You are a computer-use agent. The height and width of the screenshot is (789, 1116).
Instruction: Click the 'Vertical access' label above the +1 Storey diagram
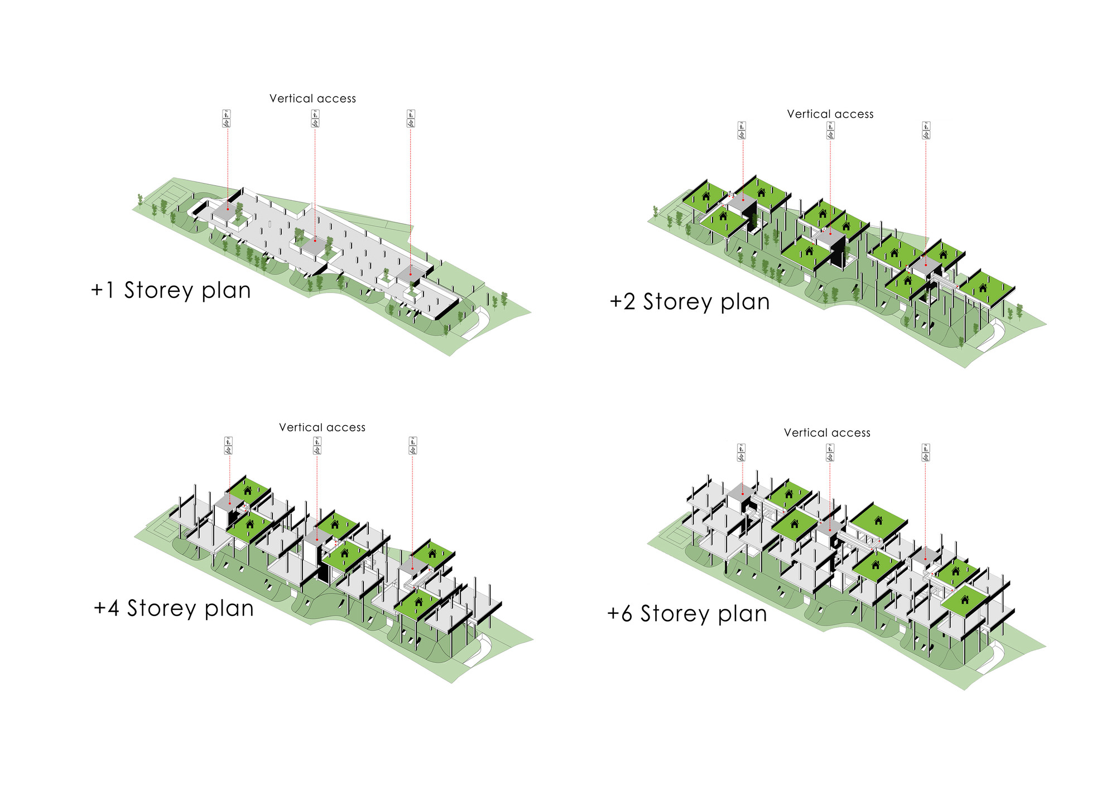312,99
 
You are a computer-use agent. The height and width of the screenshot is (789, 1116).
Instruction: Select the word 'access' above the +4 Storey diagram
346,427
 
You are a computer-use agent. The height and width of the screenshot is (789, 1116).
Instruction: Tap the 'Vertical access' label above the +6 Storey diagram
827,433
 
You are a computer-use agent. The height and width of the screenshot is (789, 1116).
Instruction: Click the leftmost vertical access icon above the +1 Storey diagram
227,119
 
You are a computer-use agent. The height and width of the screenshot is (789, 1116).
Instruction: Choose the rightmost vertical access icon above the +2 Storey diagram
926,131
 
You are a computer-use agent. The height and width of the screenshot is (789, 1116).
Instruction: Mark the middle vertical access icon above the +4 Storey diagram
317,445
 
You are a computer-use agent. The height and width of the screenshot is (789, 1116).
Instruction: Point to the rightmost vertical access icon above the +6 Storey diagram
925,453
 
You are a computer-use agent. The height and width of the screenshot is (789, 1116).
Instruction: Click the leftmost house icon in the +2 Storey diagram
706,196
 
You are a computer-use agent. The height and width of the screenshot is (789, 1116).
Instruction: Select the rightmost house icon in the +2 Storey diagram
983,288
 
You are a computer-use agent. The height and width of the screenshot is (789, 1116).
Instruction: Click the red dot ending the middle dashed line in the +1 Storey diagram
314,240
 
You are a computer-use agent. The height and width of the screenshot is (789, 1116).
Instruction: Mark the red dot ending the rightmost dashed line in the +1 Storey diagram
411,274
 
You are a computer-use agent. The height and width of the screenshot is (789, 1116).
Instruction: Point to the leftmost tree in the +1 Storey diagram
140,199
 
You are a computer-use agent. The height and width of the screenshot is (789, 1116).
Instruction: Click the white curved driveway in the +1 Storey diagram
477,324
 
